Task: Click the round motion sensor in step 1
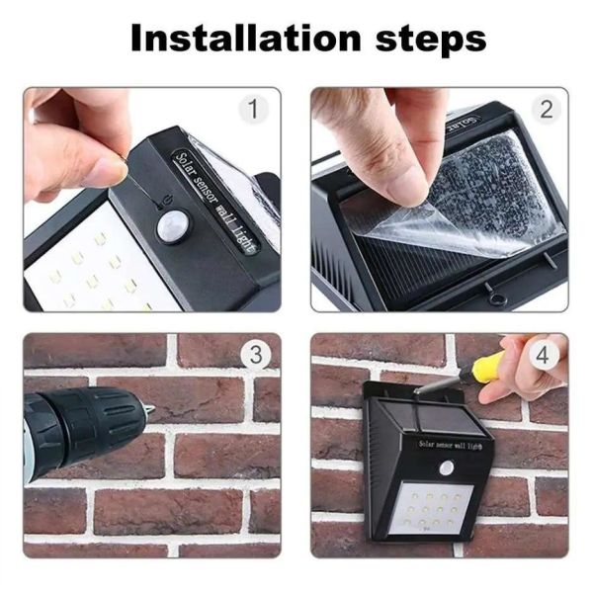tap(171, 226)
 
